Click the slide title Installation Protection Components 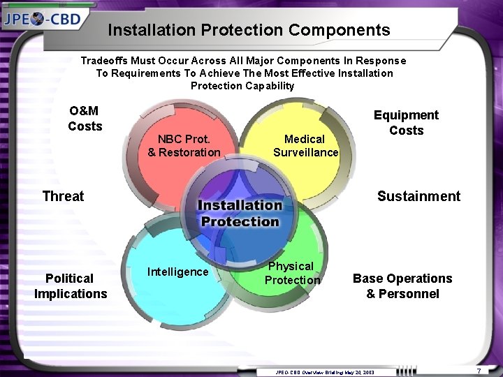click(249, 30)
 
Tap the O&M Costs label click(85, 119)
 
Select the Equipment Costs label click(406, 123)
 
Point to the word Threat click(63, 196)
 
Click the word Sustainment click(418, 196)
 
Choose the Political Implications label click(71, 286)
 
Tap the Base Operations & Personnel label click(402, 286)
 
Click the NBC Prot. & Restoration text click(184, 146)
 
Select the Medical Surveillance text click(305, 146)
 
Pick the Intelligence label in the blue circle click(177, 272)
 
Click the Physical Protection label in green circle click(292, 273)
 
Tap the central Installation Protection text click(240, 213)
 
